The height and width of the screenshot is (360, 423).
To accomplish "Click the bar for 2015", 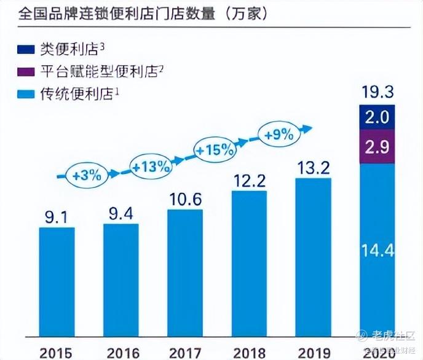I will pos(57,283).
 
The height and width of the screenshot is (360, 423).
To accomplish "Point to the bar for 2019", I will pos(314,258).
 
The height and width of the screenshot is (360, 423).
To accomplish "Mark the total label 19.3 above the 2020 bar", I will pos(378,94).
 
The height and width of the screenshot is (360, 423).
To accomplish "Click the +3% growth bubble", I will pos(87,174).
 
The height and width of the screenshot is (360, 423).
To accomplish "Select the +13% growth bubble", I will pos(151,165).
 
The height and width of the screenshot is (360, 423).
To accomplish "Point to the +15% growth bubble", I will pos(214,149).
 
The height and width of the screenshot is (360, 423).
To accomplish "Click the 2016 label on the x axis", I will pos(121,352).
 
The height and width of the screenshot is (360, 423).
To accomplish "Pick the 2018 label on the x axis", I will pos(249,352).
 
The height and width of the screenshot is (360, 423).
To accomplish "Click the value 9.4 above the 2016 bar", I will pos(121,214).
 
